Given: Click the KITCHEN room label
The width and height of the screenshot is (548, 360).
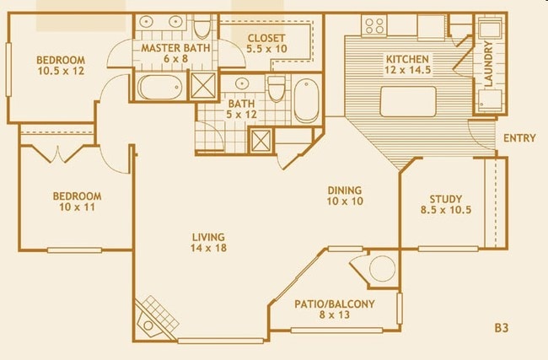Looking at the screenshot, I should click(x=407, y=60).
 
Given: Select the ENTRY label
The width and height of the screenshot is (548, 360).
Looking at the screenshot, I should click(x=518, y=138).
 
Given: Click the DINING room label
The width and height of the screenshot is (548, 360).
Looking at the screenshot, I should click(x=344, y=191).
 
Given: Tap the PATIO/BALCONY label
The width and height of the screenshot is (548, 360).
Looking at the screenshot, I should click(x=335, y=304).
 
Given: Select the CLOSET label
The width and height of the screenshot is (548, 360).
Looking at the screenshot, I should click(x=266, y=38).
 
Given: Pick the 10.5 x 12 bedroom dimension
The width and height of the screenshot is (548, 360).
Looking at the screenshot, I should click(x=60, y=72).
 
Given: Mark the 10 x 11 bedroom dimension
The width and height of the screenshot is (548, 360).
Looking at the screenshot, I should click(x=77, y=208).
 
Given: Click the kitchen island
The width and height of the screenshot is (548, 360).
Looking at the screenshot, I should click(x=409, y=100).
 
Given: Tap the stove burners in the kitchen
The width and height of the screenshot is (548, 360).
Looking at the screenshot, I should click(x=373, y=25).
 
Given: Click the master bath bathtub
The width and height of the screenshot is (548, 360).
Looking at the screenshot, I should click(x=160, y=87).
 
